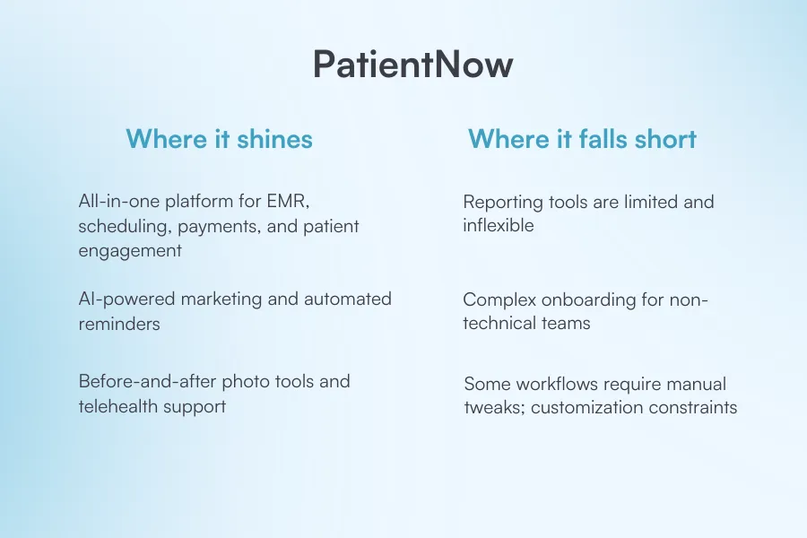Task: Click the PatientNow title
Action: coord(412,65)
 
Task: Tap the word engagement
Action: coord(130,251)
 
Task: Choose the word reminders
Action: coord(119,324)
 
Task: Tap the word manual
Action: coord(696,384)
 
